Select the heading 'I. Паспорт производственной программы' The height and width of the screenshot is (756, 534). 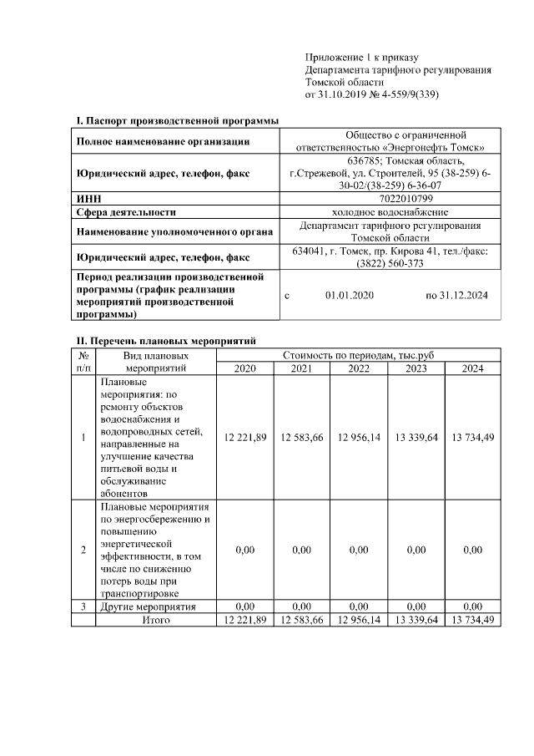pyautogui.click(x=177, y=121)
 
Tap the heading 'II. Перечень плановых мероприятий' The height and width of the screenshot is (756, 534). pyautogui.click(x=166, y=341)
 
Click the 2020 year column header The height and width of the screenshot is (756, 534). pyautogui.click(x=245, y=368)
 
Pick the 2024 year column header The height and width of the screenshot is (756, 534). pyautogui.click(x=472, y=368)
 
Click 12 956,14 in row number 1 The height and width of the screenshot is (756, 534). pyautogui.click(x=359, y=437)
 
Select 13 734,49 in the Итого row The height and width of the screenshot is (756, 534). pyautogui.click(x=472, y=620)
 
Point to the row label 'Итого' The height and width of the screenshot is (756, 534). pyautogui.click(x=156, y=620)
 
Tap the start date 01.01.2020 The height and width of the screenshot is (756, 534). pyautogui.click(x=350, y=296)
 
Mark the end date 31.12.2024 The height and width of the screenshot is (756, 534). pyautogui.click(x=457, y=296)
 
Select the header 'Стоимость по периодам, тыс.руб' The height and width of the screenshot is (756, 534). pyautogui.click(x=359, y=356)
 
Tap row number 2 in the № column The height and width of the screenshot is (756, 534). pyautogui.click(x=83, y=550)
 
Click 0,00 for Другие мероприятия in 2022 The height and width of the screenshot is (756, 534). pyautogui.click(x=359, y=606)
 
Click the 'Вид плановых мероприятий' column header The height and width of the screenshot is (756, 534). pyautogui.click(x=156, y=362)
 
